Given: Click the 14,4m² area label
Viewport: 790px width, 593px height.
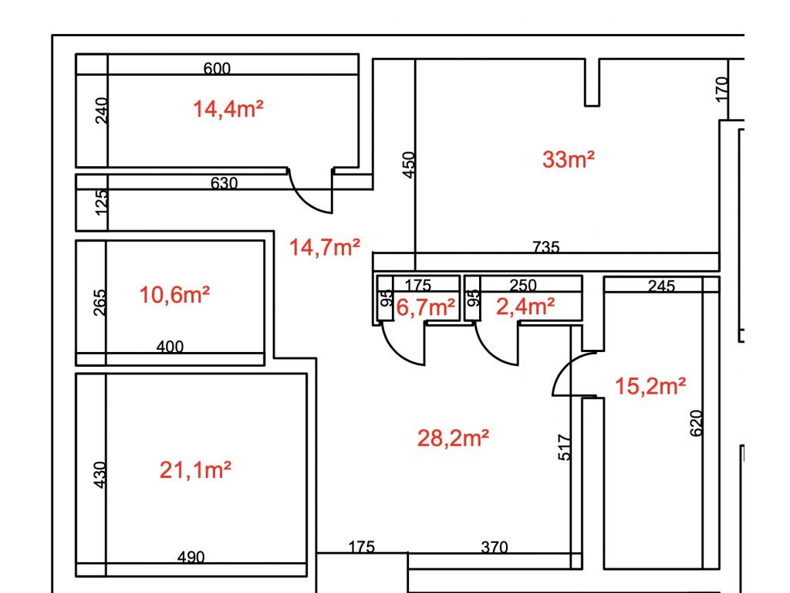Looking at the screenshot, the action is (x=228, y=109).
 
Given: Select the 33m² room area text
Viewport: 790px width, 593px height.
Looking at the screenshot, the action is (x=569, y=159).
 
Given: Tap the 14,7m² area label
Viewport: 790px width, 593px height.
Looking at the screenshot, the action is (x=325, y=247).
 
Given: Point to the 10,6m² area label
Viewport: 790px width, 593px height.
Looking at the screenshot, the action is (x=174, y=295).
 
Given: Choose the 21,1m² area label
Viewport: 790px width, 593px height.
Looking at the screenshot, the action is (x=195, y=470).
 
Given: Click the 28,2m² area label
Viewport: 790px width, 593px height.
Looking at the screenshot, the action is (x=453, y=439).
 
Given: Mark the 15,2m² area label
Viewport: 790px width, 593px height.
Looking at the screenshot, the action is (x=650, y=386).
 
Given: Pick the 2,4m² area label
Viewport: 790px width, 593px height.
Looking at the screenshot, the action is (x=525, y=307).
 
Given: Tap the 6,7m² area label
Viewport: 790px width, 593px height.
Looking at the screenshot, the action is (x=426, y=307).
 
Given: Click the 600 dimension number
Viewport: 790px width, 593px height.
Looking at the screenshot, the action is (x=217, y=69).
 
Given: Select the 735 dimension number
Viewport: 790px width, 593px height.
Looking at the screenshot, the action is (x=546, y=247).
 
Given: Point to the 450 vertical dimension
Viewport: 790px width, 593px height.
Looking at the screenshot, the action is (x=409, y=165).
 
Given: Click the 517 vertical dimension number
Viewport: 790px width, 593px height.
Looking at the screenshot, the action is (x=565, y=447).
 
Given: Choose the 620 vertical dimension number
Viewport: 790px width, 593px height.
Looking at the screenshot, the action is (x=696, y=423).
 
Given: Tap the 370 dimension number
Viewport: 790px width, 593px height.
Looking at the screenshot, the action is (x=495, y=547).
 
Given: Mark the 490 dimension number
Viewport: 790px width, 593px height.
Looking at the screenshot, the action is (x=191, y=557).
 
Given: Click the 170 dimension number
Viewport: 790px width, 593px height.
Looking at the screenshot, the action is (x=722, y=89).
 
